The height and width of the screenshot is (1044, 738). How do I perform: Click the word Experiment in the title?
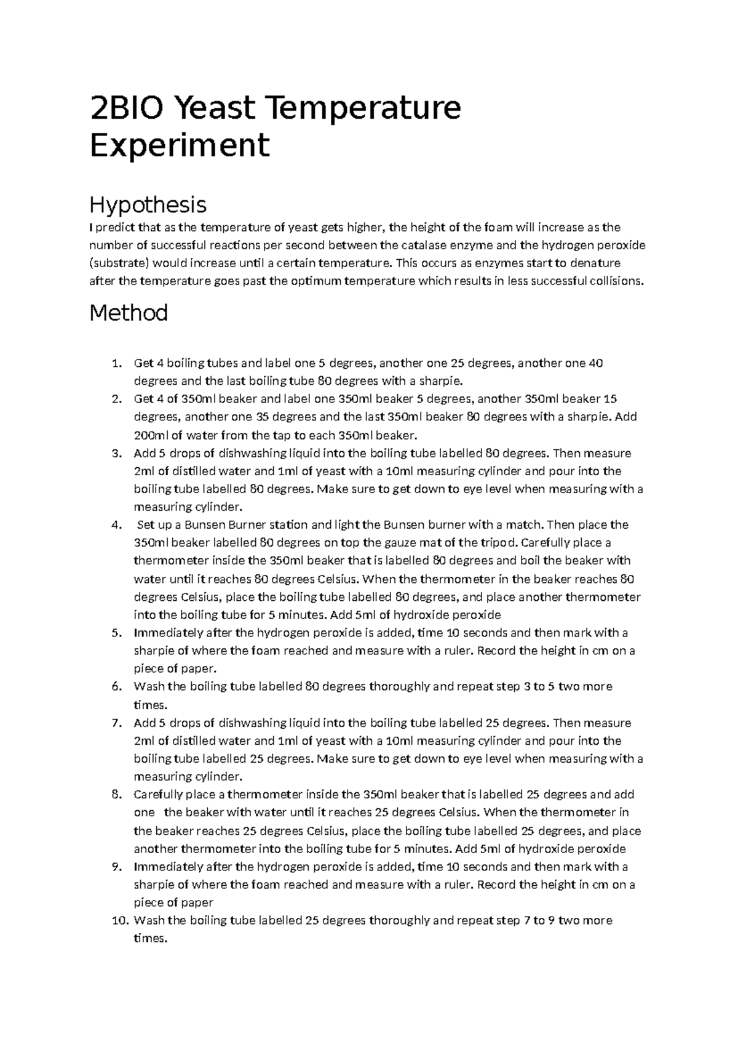tap(179, 146)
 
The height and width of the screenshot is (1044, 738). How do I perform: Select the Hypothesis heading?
tap(148, 204)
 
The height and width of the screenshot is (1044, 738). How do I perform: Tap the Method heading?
tap(129, 313)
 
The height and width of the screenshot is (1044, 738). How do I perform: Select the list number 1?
tap(117, 363)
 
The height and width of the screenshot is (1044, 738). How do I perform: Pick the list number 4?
tap(117, 525)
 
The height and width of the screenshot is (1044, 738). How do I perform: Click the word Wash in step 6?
tap(148, 686)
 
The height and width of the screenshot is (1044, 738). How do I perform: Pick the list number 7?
tap(117, 723)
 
